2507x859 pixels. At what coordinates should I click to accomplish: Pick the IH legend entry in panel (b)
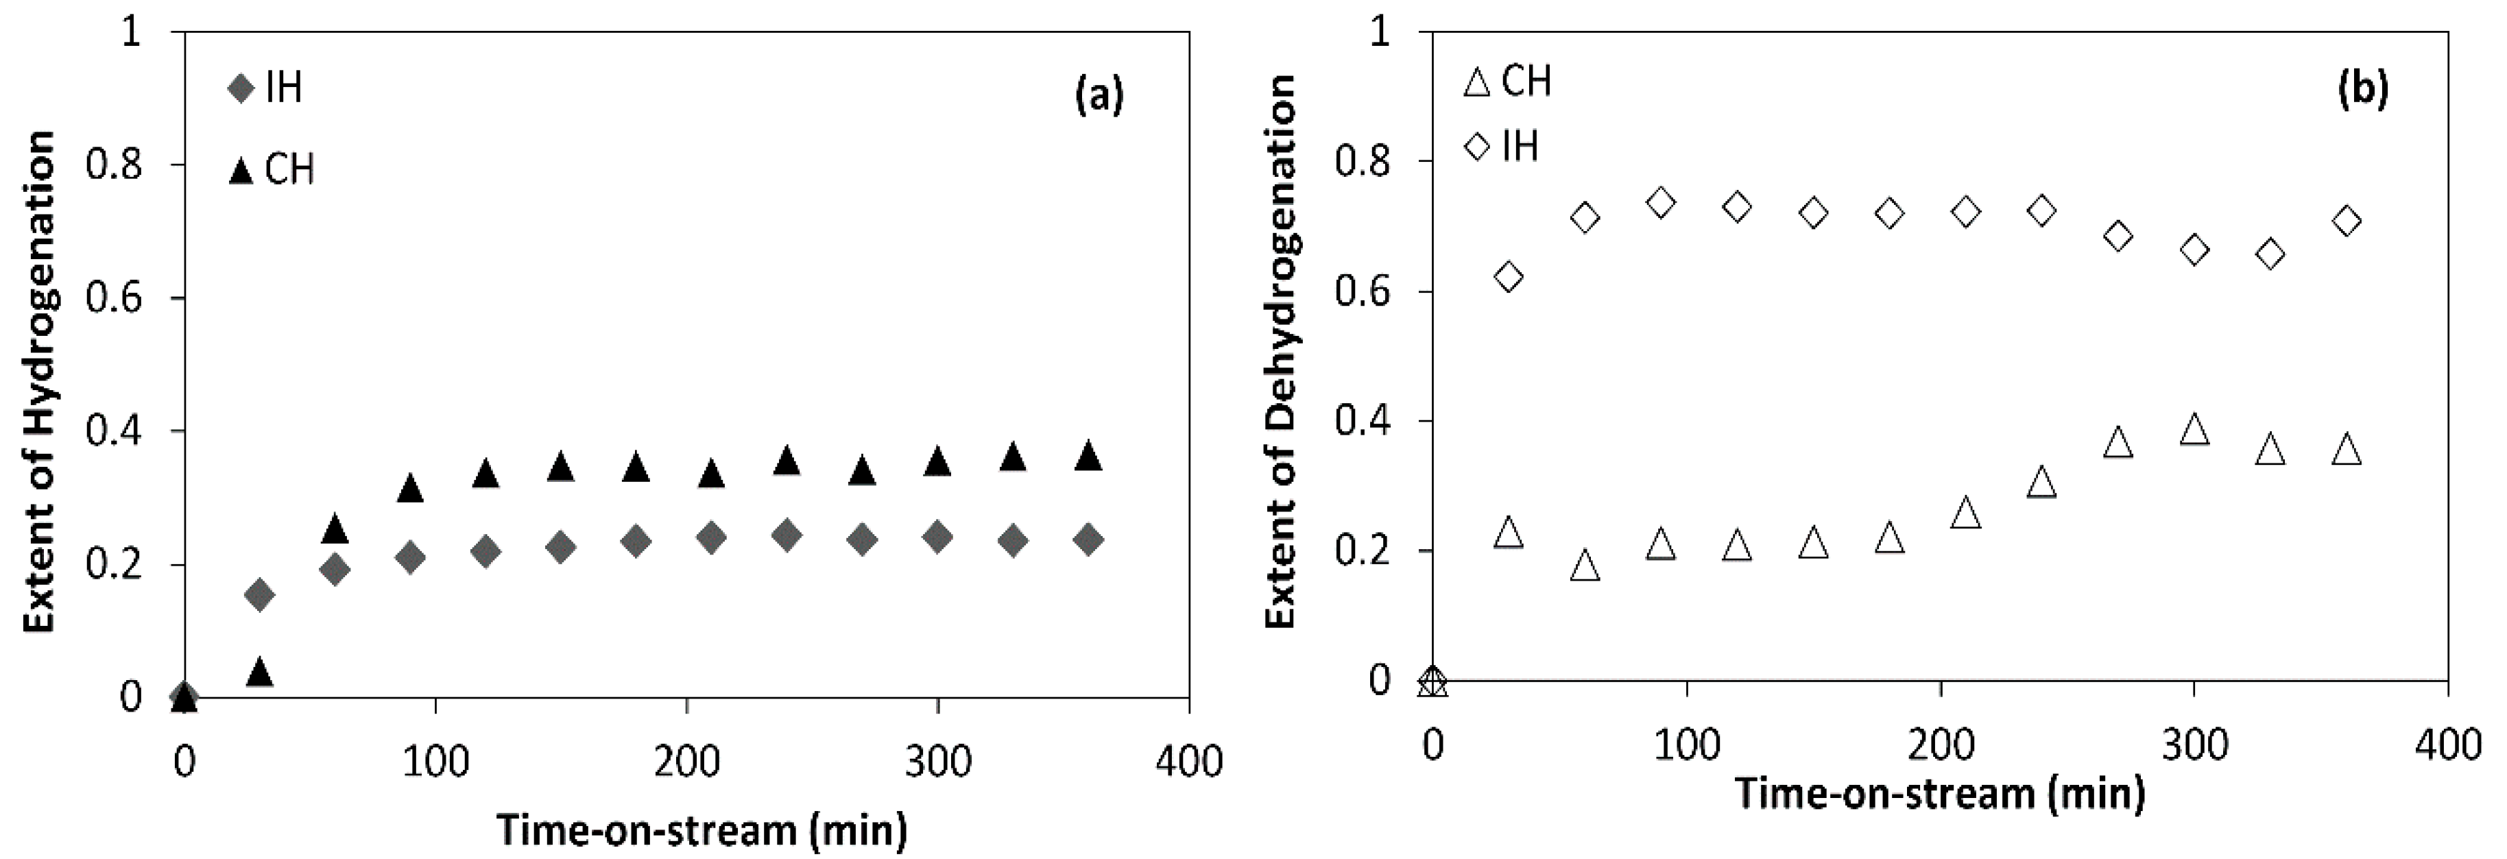pos(1504,147)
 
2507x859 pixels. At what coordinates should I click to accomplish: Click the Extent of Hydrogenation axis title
pos(39,381)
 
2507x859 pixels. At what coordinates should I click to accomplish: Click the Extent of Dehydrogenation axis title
pos(1282,352)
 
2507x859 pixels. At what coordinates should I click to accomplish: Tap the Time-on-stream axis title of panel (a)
pos(703,830)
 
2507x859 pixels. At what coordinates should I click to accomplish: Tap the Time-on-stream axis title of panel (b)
pos(1941,794)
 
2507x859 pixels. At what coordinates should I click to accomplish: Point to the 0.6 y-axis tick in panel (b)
pos(1363,292)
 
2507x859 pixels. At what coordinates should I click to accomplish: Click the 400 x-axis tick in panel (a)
pos(1188,762)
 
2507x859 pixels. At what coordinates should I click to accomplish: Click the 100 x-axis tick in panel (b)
pos(1687,745)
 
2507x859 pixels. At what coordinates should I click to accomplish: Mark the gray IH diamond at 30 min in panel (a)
pos(260,594)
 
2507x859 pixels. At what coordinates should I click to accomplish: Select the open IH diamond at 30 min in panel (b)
pos(1509,277)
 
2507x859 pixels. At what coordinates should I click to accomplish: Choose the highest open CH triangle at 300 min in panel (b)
pos(2194,430)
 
